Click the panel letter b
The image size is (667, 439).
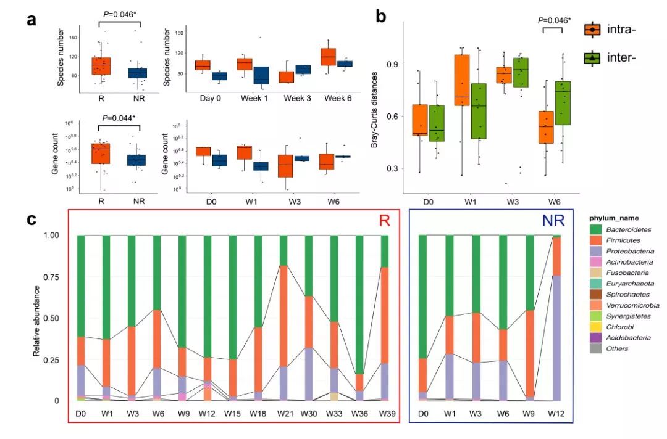[381, 15]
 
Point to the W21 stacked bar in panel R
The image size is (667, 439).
[283, 318]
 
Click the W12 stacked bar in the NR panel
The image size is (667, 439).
[556, 318]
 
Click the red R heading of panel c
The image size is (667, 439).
[384, 221]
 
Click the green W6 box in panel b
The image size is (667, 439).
[562, 103]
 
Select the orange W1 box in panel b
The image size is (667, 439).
[461, 80]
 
